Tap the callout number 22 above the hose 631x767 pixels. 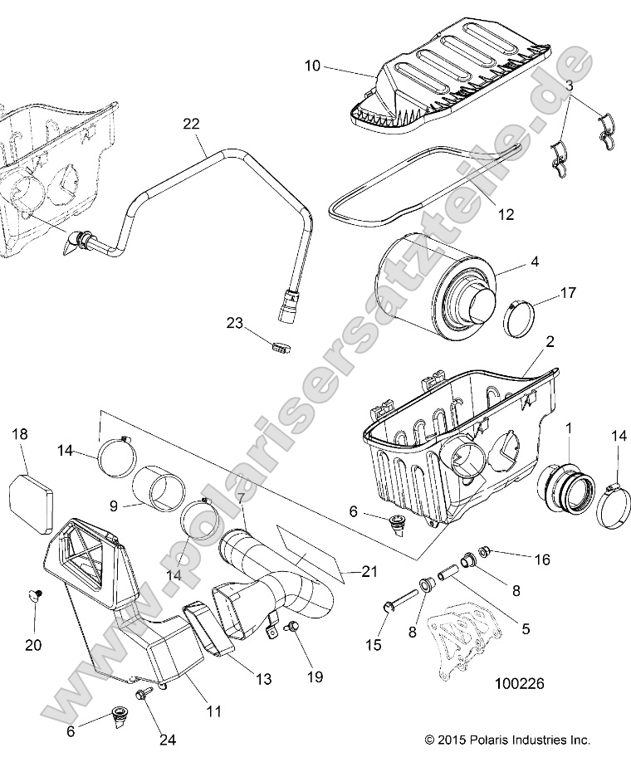pyautogui.click(x=191, y=125)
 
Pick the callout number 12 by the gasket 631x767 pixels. pyautogui.click(x=505, y=214)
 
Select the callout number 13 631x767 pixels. pyautogui.click(x=263, y=679)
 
